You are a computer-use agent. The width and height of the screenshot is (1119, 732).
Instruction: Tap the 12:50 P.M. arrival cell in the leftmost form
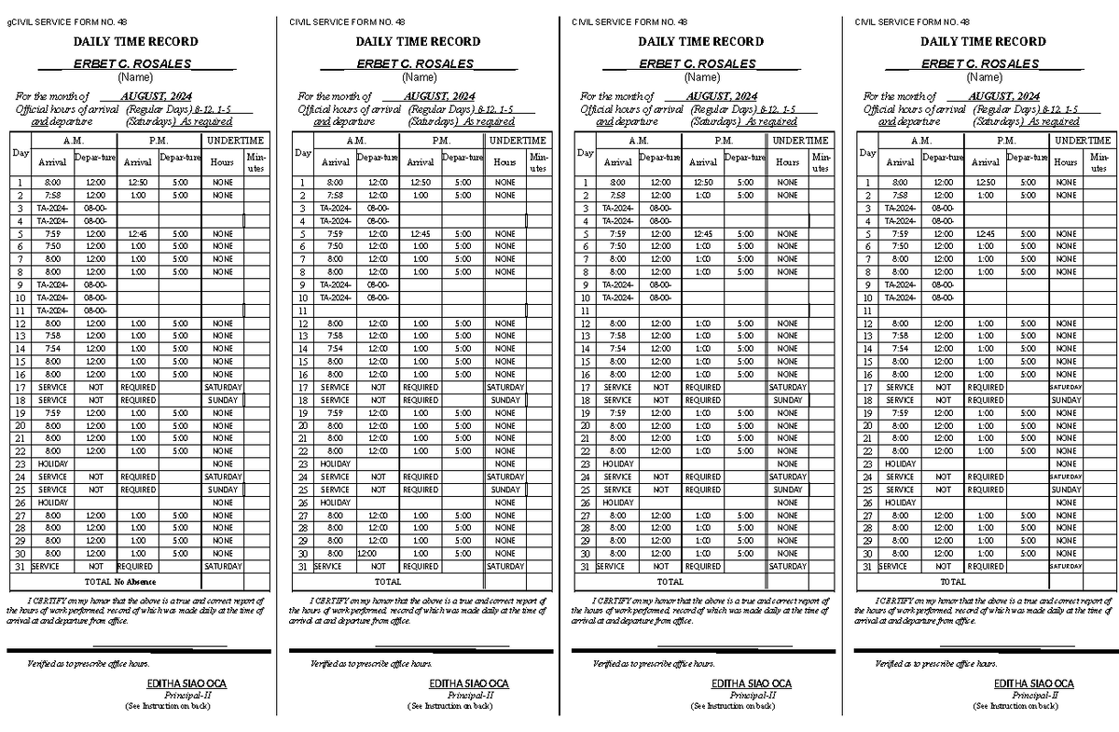click(x=137, y=183)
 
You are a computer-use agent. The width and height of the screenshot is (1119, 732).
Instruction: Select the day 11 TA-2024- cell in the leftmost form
click(x=52, y=311)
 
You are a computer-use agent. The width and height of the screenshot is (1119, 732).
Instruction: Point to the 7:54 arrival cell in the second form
click(x=335, y=349)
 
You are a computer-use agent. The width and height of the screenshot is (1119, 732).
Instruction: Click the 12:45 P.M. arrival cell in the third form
click(x=702, y=234)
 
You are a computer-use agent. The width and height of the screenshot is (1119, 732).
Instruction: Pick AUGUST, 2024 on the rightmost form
click(x=1003, y=96)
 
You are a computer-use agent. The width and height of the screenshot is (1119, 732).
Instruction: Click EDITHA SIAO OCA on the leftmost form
click(x=186, y=684)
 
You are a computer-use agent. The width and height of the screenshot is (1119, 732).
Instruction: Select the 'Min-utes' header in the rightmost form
click(x=1098, y=162)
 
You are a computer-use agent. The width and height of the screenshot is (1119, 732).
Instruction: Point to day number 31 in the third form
click(x=584, y=566)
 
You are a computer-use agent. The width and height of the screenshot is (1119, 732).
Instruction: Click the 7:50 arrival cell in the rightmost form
click(x=900, y=246)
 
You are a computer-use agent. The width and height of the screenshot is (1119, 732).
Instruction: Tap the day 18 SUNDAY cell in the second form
click(x=504, y=400)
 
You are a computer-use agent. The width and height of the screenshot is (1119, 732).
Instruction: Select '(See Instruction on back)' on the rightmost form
click(x=1015, y=706)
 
